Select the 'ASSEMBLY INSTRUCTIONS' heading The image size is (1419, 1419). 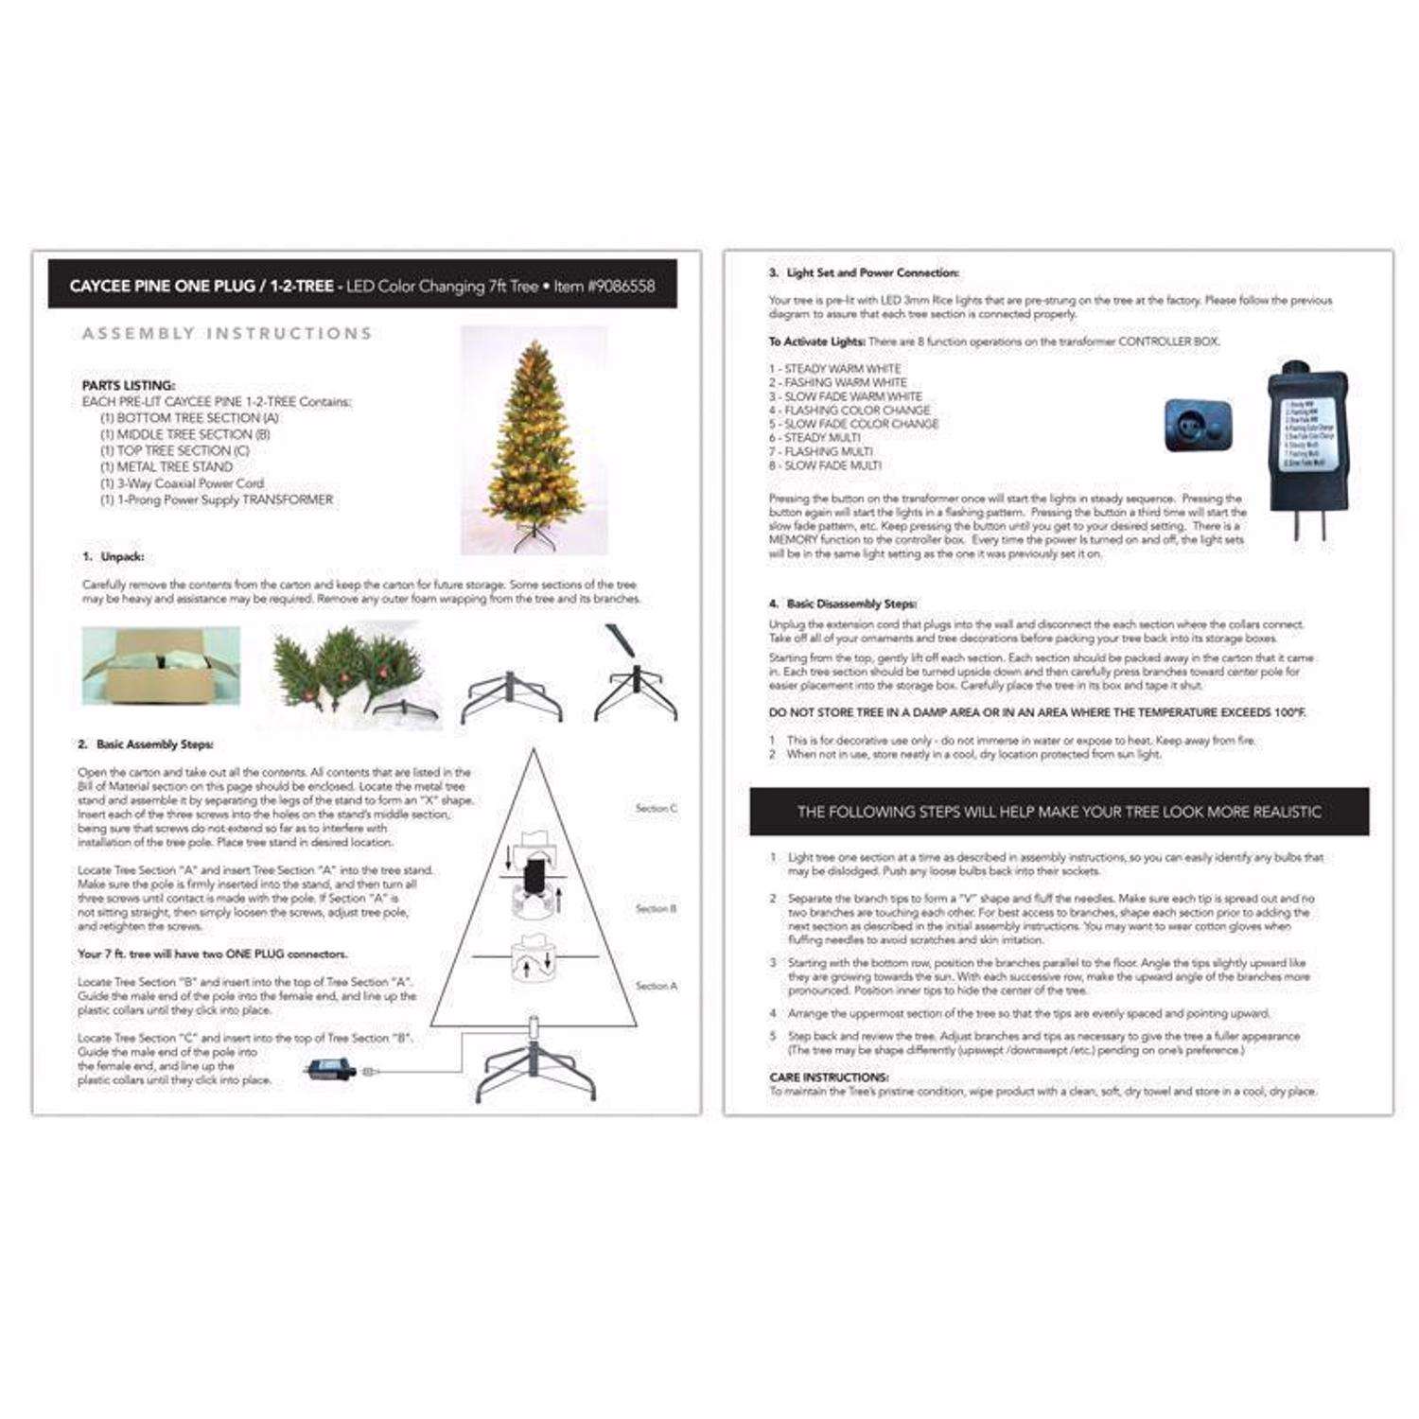(x=227, y=334)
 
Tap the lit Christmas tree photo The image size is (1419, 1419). (x=534, y=440)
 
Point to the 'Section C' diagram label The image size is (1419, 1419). (x=656, y=809)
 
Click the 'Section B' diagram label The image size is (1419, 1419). (x=656, y=909)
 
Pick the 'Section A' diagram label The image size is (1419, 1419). (x=656, y=986)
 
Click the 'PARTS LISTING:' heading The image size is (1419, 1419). (x=129, y=386)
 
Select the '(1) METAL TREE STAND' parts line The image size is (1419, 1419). (x=166, y=467)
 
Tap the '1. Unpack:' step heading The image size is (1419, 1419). (x=114, y=557)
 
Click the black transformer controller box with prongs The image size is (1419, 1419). (x=1307, y=445)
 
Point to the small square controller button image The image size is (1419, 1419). (x=1198, y=426)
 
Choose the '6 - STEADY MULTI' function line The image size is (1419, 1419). (x=815, y=438)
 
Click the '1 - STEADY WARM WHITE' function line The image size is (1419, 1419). (x=834, y=369)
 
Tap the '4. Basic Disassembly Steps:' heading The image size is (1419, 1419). (x=842, y=604)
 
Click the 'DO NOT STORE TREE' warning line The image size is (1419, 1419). (x=1037, y=712)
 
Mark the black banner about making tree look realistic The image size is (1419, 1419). (x=1059, y=812)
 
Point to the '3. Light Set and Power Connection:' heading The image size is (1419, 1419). (x=864, y=273)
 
